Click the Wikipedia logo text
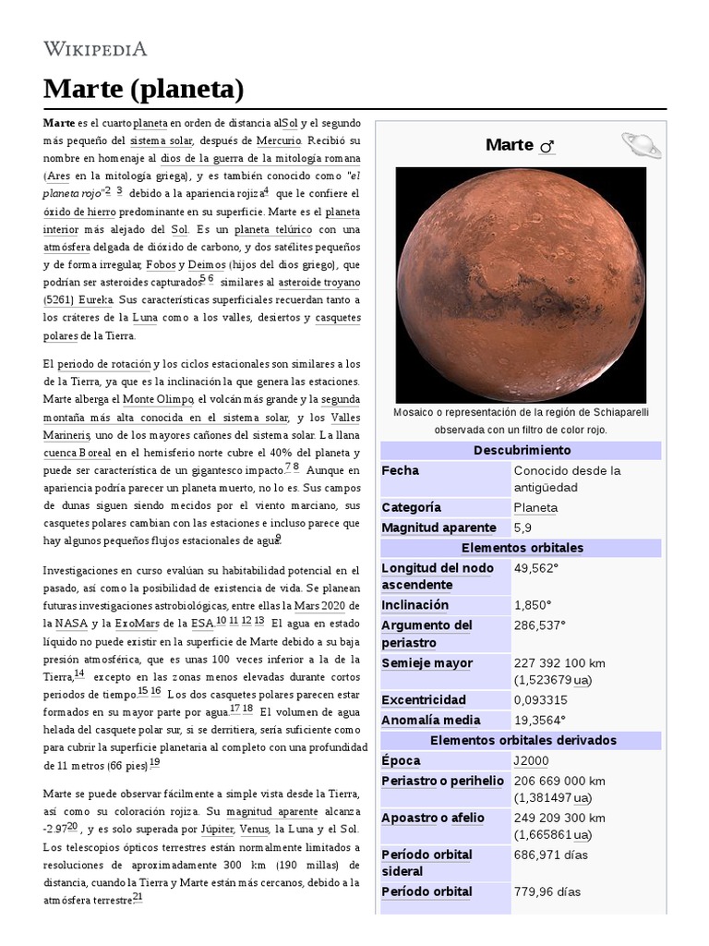95,49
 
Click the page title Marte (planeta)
143,90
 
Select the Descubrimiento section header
522,450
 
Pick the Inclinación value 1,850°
533,605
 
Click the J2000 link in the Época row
532,760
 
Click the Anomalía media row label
430,720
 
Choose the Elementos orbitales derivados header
523,740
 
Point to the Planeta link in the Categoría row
535,507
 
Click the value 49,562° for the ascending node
536,567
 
